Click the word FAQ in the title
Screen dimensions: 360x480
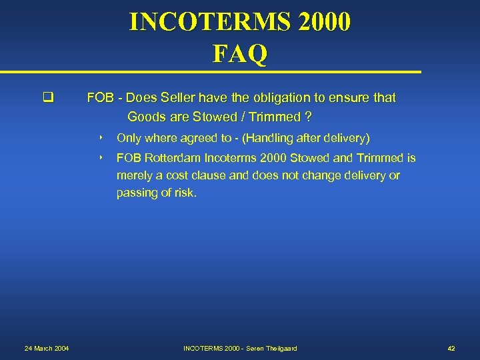[240, 53]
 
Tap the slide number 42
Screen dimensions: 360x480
[451, 349]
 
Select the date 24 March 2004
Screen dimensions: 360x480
[47, 349]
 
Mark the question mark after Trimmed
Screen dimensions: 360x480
[307, 117]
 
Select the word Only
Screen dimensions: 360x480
[129, 138]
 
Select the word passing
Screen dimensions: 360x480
[138, 193]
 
